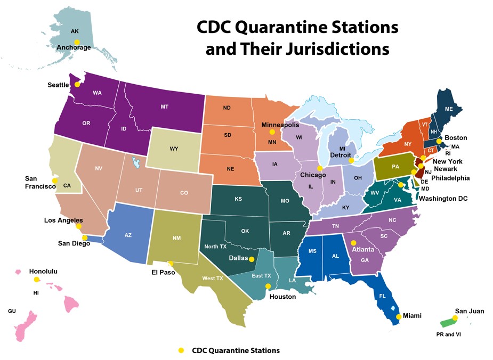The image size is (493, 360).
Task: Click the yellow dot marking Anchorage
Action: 77,42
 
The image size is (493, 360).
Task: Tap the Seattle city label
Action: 58,85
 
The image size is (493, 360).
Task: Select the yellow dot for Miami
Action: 399,317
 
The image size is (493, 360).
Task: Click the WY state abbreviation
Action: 174,149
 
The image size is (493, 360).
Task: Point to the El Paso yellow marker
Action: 171,263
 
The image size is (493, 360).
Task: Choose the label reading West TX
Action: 212,279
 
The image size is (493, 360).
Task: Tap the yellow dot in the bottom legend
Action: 181,350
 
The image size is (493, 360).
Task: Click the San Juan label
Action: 469,311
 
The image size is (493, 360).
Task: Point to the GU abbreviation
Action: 12,310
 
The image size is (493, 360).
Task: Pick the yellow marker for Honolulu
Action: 37,280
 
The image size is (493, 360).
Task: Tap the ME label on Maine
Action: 449,109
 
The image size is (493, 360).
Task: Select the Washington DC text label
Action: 443,199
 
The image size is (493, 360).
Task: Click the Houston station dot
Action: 268,287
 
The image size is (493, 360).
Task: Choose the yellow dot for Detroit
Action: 351,160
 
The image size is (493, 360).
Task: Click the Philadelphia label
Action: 450,178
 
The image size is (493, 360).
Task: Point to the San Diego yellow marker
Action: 85,238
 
